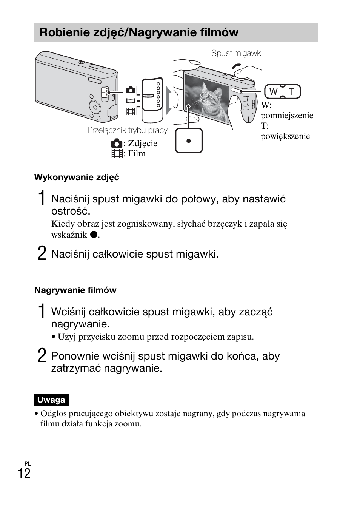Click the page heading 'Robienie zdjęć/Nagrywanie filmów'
pos(138,32)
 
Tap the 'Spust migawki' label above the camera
pos(236,53)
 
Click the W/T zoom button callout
pos(282,92)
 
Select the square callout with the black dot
pos(189,141)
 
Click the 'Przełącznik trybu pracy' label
pos(127,130)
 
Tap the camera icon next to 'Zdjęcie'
pos(117,144)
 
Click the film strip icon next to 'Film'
pos(117,154)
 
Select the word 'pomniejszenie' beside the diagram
pos(287,116)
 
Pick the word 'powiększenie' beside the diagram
pos(285,136)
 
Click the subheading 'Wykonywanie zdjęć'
pos(77,177)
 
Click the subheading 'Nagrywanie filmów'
pos(75,290)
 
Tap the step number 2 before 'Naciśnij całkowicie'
pos(42,253)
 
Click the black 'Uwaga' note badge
pos(51,400)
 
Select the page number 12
pos(24,474)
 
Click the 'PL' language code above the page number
pos(28,463)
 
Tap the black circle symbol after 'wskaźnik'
pos(93,235)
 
